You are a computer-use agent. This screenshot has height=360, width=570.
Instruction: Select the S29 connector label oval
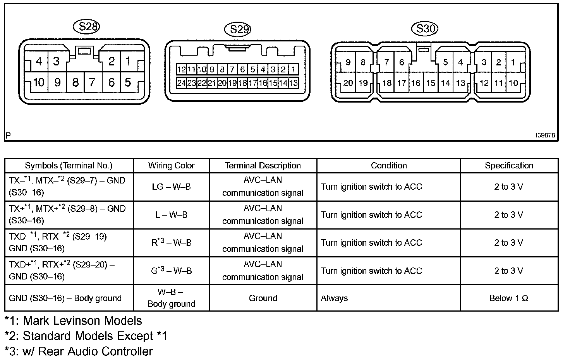(x=238, y=29)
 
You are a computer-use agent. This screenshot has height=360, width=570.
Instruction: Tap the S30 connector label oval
(x=424, y=28)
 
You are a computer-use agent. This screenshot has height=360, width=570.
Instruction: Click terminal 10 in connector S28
(x=38, y=82)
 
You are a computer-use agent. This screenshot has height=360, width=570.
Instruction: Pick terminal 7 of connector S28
(x=92, y=82)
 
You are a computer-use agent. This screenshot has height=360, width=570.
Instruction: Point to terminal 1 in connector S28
(x=128, y=61)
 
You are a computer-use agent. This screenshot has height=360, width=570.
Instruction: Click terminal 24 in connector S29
(x=181, y=83)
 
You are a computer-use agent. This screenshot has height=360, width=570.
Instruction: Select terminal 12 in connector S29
(x=181, y=70)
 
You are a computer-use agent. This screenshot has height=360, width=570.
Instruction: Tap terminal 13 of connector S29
(x=293, y=83)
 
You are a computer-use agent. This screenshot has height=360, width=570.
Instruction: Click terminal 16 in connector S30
(x=416, y=83)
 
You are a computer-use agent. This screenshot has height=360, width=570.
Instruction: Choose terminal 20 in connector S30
(x=348, y=83)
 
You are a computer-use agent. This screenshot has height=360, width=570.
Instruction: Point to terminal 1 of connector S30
(x=513, y=62)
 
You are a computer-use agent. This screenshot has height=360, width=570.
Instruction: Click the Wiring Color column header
(x=171, y=166)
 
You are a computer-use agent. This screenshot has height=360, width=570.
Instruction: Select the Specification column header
(x=509, y=166)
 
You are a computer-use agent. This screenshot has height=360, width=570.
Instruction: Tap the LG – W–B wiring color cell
(x=171, y=187)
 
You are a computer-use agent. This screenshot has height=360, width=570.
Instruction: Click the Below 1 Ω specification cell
(x=509, y=298)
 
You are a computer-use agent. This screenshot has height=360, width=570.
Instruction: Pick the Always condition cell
(x=335, y=298)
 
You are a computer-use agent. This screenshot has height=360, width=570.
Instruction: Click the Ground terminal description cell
(x=263, y=298)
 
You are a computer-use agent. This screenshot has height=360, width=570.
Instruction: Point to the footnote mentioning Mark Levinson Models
(x=74, y=321)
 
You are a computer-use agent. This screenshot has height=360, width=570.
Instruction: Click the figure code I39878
(x=545, y=135)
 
